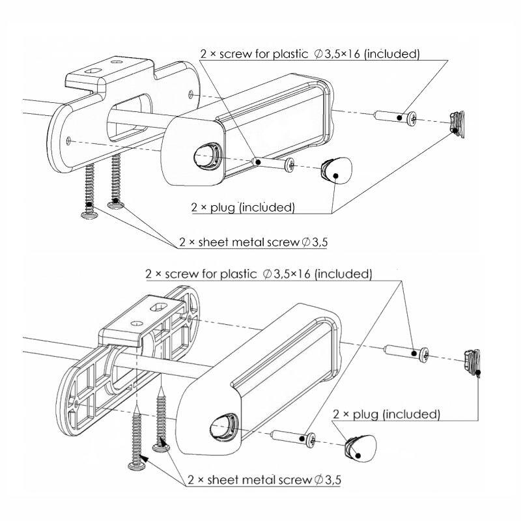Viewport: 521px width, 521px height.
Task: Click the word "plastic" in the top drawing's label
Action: point(290,54)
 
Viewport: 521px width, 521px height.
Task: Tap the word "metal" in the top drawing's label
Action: point(246,242)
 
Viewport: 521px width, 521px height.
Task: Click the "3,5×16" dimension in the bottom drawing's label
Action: point(291,274)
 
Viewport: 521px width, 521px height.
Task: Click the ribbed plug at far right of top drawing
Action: point(457,124)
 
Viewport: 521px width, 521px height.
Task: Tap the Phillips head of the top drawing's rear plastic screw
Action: point(412,119)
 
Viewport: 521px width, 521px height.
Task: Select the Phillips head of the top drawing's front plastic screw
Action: point(290,165)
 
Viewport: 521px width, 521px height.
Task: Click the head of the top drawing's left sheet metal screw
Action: point(90,214)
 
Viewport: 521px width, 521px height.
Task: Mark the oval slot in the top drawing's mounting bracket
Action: point(92,71)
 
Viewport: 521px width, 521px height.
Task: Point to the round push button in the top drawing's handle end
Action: point(206,155)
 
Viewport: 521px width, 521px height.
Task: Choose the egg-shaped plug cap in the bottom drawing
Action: point(361,448)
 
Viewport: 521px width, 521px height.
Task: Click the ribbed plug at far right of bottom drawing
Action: point(472,362)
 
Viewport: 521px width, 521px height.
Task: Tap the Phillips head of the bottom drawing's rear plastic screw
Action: point(425,355)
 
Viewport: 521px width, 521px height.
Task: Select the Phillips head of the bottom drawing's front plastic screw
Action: point(311,441)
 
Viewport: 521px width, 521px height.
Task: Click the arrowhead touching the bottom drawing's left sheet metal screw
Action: point(145,459)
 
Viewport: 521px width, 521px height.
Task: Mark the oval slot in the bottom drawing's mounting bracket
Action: point(158,307)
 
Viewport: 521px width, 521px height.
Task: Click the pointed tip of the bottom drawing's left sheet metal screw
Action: point(137,403)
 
